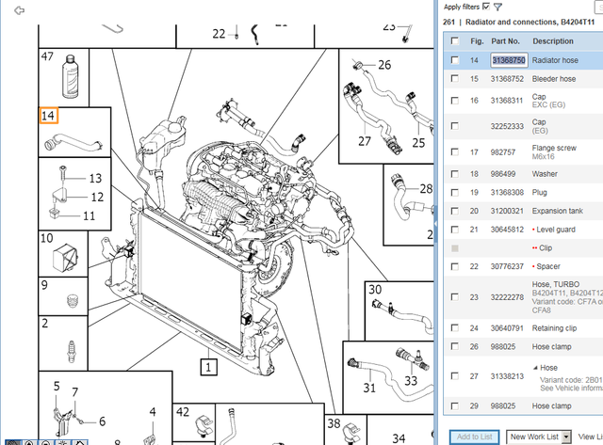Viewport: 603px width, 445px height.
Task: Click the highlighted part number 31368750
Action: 508,59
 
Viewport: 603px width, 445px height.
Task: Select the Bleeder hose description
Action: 554,79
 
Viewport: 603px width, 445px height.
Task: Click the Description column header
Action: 552,41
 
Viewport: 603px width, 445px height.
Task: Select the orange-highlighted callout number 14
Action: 48,116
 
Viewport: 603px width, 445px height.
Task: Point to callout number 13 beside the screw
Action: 94,178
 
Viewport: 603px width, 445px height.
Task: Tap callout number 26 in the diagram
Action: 383,65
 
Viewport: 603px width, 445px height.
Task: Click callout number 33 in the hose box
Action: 411,381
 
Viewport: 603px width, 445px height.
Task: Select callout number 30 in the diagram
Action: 375,290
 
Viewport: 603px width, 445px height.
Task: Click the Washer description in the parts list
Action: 548,174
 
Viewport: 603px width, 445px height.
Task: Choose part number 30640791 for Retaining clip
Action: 508,327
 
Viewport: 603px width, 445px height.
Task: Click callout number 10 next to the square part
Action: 46,239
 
